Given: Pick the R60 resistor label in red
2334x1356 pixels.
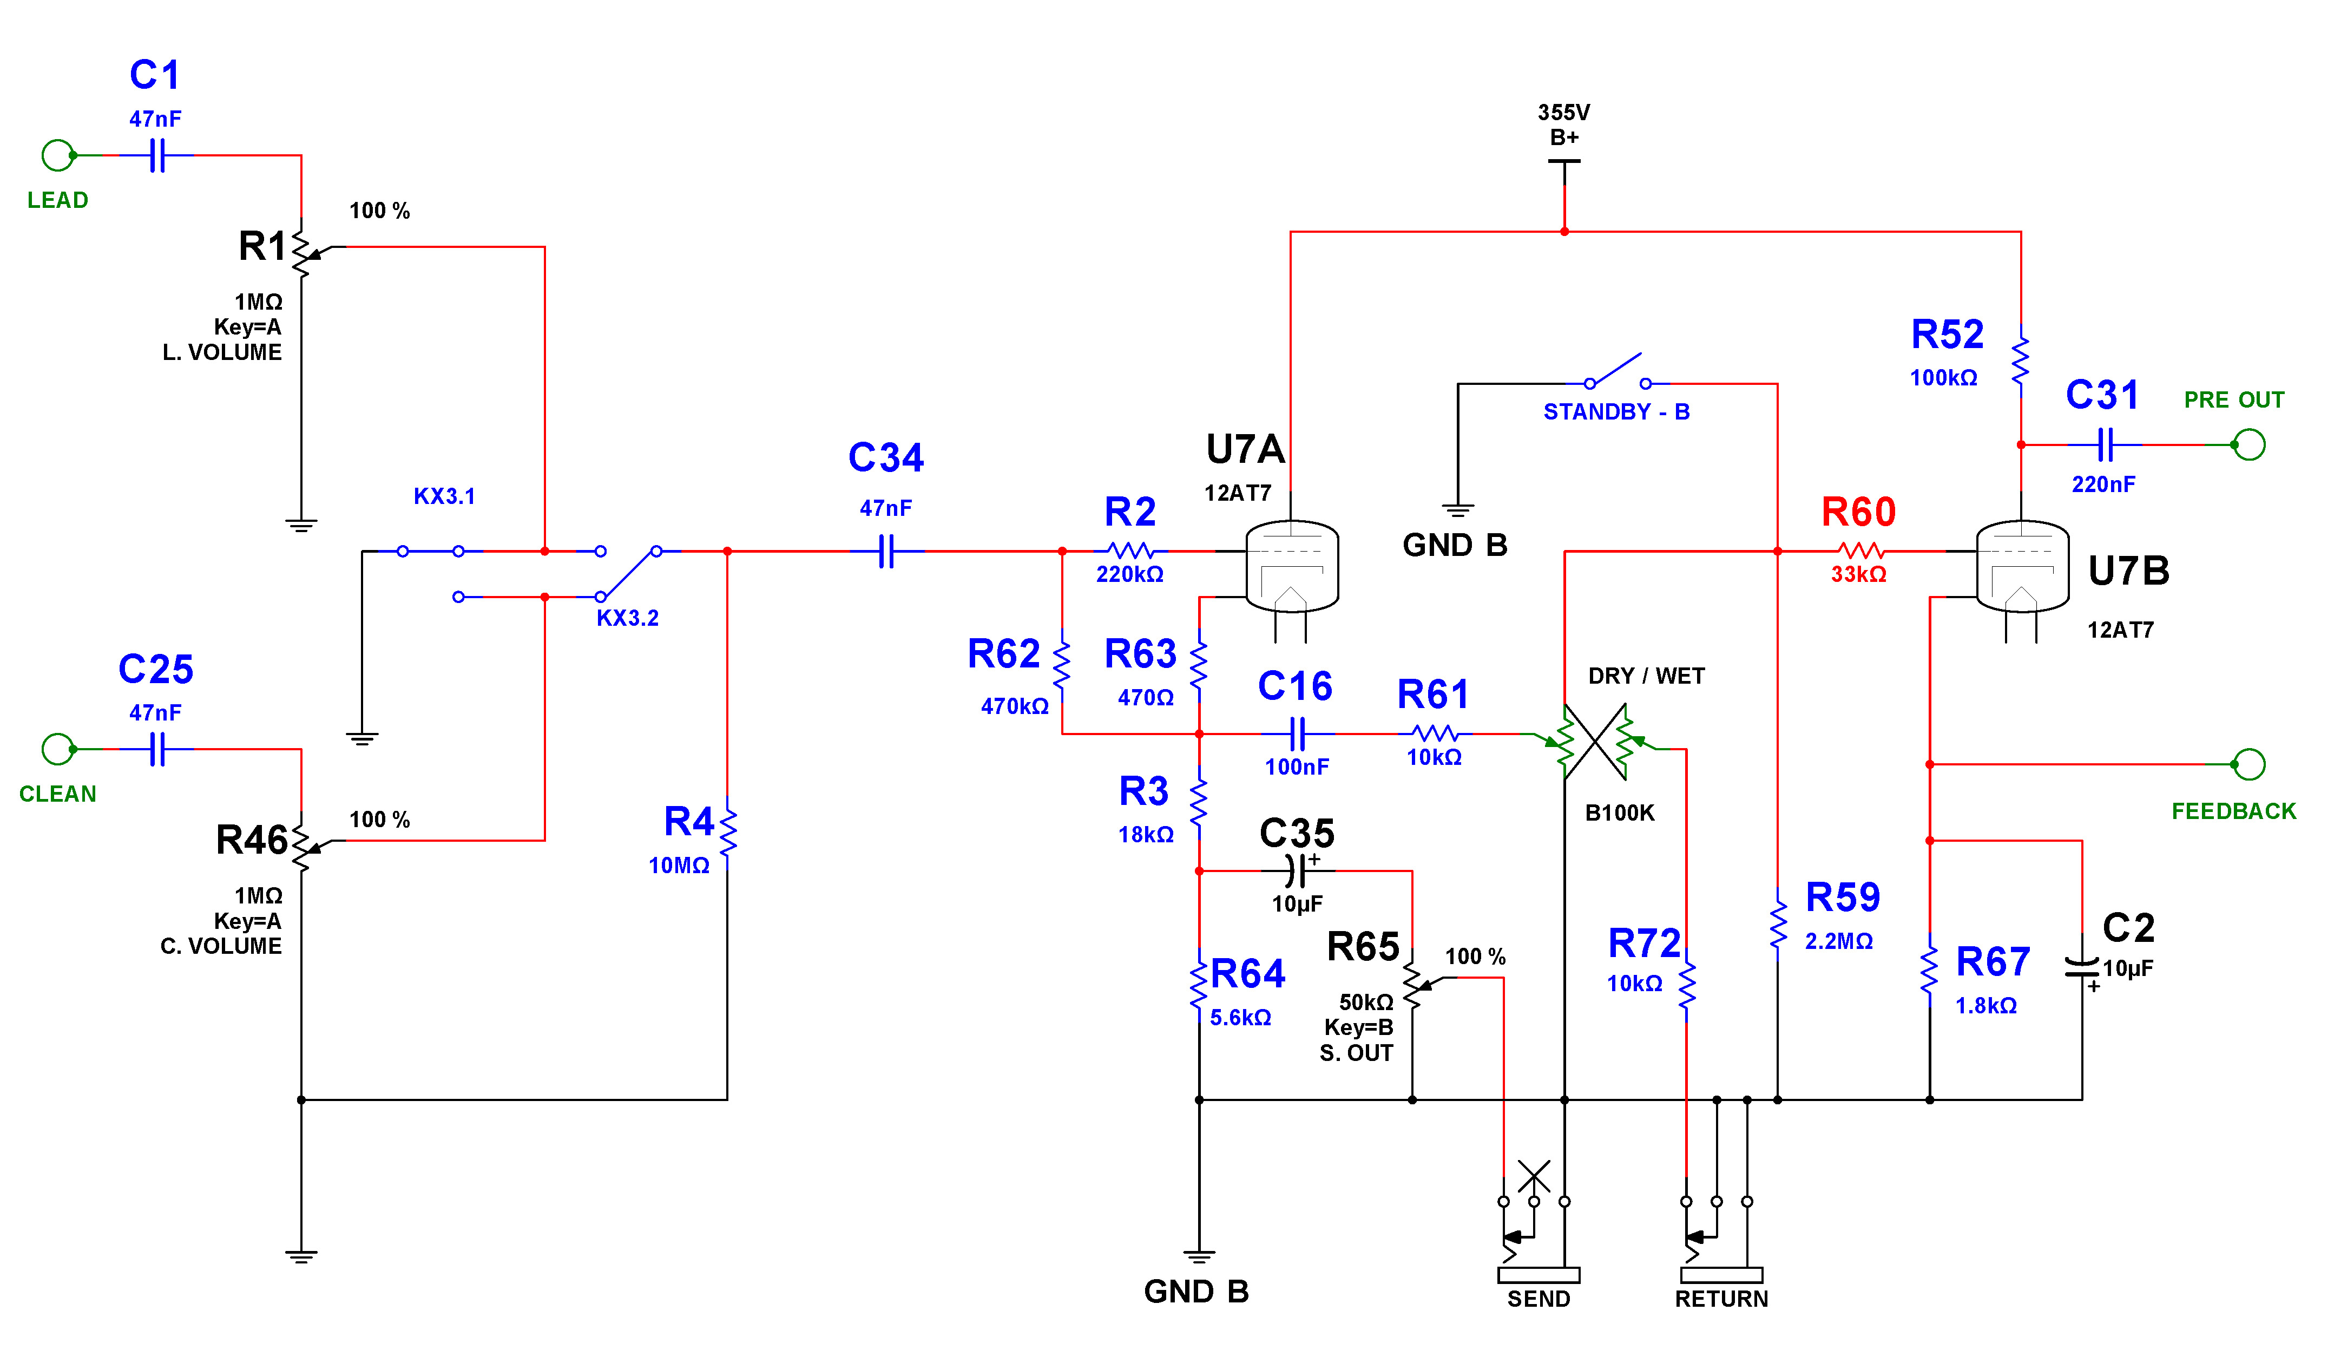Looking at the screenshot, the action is [x=1858, y=512].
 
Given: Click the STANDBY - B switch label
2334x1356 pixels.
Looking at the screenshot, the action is [x=1616, y=412].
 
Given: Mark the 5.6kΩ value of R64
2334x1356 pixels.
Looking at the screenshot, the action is [x=1240, y=1017].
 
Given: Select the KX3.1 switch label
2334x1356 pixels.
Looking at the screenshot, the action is [x=445, y=496].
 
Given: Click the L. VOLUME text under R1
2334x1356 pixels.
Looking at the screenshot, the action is [x=222, y=353].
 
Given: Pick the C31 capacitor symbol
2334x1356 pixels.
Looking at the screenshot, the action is [x=2105, y=446].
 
